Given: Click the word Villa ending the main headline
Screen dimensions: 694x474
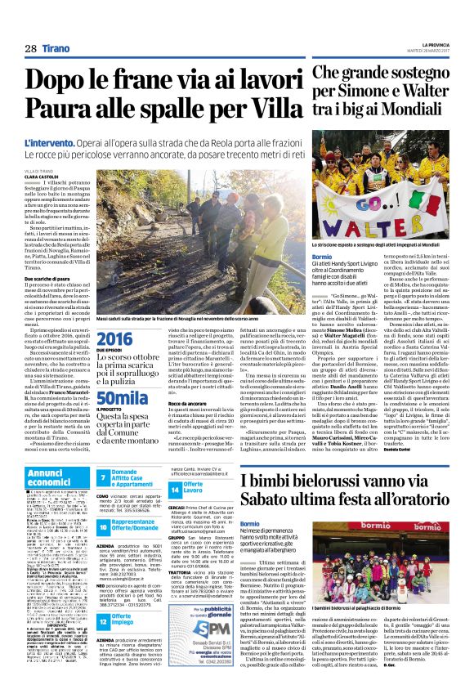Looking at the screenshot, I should tap(270, 106).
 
